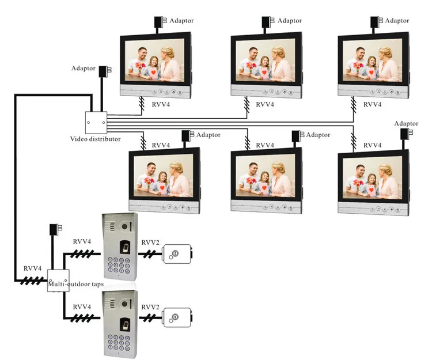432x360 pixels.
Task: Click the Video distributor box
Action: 96,123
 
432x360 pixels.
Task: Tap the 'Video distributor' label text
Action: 95,139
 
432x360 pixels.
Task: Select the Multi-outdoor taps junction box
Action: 58,281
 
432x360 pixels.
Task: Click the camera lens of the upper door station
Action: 125,227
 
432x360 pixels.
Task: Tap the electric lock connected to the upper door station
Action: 177,254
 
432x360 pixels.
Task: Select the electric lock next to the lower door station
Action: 177,317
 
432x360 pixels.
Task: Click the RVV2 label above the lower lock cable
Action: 150,307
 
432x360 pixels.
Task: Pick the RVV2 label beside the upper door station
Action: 150,242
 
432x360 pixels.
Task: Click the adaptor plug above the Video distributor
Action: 105,71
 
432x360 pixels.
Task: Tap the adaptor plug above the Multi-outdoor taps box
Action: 55,229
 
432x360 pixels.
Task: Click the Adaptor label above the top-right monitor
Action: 397,21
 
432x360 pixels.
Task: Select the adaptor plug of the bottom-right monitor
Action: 406,134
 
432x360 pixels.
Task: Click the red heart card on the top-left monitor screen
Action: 153,73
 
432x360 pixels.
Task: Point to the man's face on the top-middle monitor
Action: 253,52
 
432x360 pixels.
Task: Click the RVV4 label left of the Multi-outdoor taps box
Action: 32,268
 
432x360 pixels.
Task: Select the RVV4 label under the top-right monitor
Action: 372,104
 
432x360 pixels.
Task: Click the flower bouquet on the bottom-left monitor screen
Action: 149,182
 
